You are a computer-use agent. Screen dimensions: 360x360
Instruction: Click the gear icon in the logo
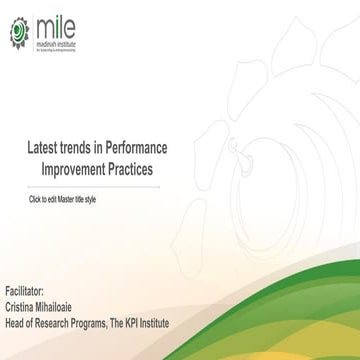(x=19, y=32)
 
